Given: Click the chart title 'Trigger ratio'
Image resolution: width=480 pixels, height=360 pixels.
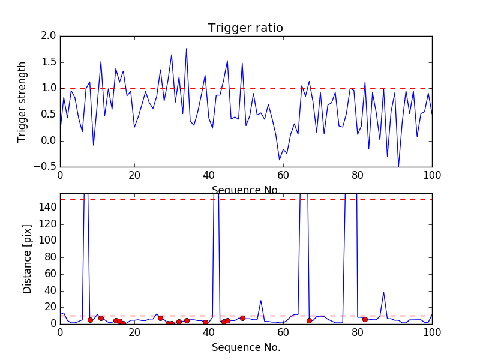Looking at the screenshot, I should click(x=245, y=28).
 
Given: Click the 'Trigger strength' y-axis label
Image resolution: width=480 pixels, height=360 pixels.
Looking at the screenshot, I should click(x=22, y=101).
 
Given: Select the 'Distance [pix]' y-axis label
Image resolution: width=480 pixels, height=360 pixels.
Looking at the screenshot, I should click(x=27, y=258).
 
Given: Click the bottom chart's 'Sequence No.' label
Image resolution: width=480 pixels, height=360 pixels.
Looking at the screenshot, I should click(x=245, y=347).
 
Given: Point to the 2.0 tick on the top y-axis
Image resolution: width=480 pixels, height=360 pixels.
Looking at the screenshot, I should click(x=49, y=36).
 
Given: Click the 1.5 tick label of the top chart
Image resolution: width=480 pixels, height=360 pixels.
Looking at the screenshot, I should click(x=49, y=62).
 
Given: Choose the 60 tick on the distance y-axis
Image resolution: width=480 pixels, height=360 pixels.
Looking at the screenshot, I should click(x=49, y=274).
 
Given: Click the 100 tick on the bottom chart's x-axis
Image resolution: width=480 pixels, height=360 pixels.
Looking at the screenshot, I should click(x=432, y=332).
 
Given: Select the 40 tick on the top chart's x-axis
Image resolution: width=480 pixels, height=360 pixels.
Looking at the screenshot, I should click(x=209, y=176).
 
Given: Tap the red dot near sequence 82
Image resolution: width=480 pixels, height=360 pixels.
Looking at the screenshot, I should click(x=365, y=319).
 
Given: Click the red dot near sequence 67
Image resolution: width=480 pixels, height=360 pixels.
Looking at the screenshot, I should click(x=309, y=320).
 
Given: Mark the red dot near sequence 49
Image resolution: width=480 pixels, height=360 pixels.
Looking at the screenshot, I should click(x=242, y=318).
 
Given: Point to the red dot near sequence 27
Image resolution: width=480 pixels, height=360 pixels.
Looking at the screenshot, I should click(x=160, y=318).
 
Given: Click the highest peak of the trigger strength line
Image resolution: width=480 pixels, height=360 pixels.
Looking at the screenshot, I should click(x=187, y=49).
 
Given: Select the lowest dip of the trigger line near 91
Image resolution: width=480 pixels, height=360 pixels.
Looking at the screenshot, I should click(x=398, y=167).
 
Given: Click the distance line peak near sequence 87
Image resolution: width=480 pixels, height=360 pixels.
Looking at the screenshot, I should click(x=383, y=292).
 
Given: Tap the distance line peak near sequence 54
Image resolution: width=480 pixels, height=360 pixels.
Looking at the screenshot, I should click(x=261, y=301).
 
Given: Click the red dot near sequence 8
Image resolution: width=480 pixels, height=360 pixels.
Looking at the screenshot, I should click(x=90, y=320).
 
